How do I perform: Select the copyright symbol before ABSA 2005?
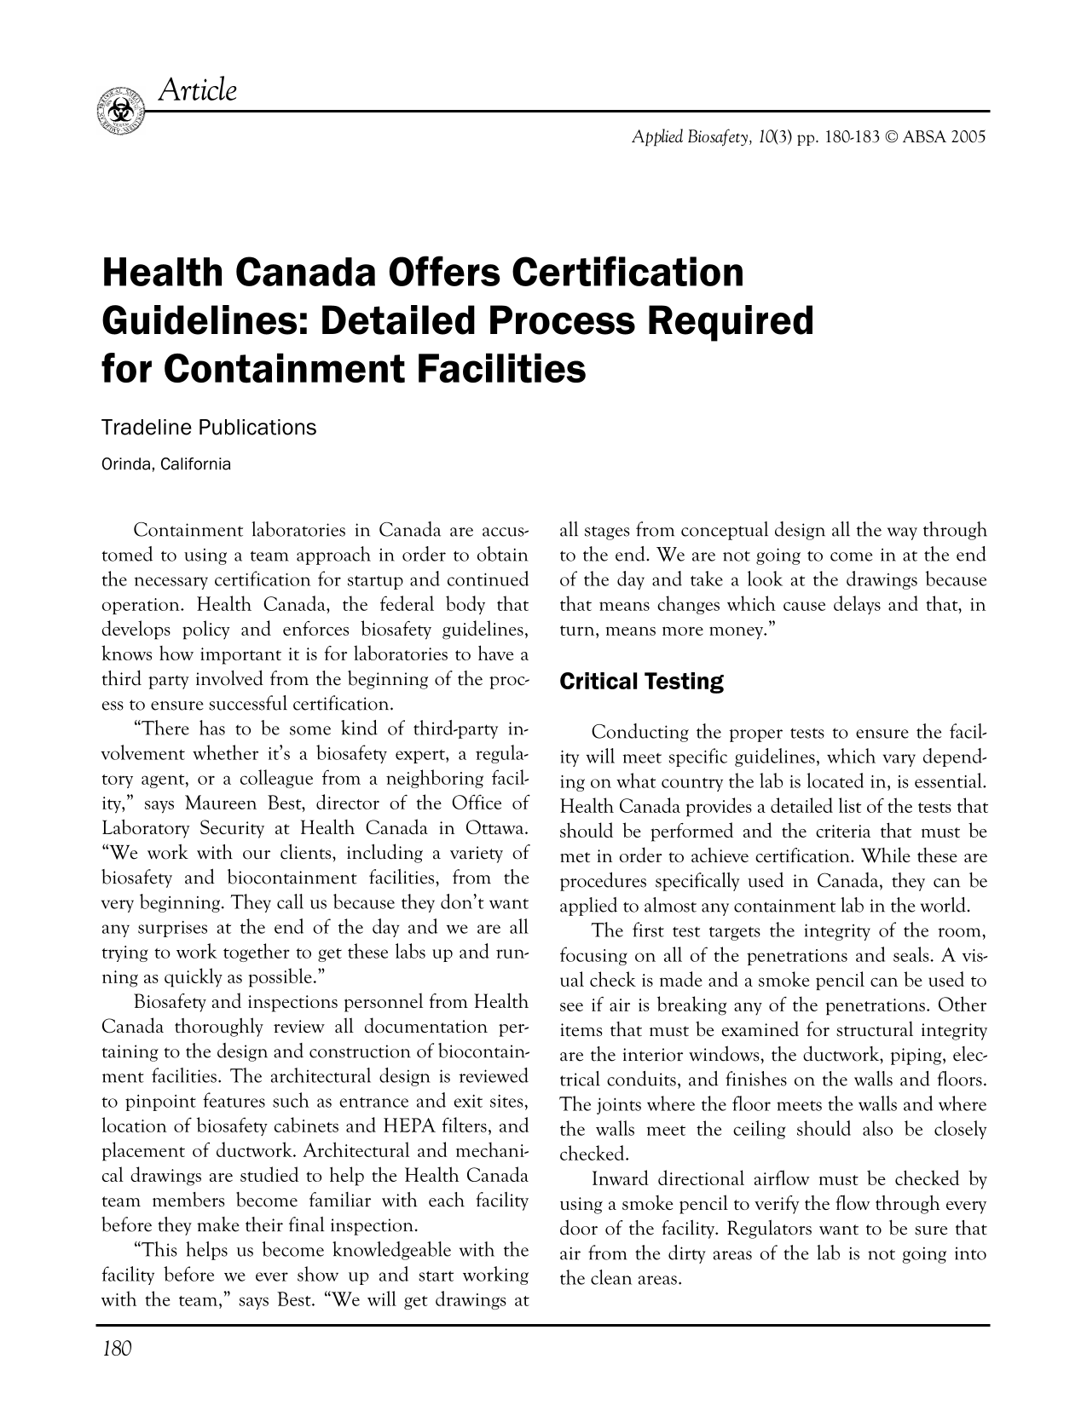[x=893, y=137]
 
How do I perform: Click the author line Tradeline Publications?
[x=209, y=428]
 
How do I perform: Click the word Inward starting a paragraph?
[x=619, y=1180]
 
